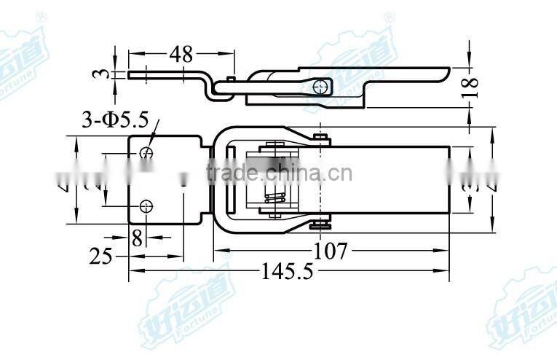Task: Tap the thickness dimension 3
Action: click(103, 74)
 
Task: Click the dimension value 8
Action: click(136, 238)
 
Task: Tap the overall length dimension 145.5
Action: click(286, 272)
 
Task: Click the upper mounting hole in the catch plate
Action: click(146, 152)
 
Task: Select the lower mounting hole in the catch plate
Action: click(146, 205)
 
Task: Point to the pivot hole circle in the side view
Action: click(318, 87)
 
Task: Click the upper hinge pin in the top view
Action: click(320, 137)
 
